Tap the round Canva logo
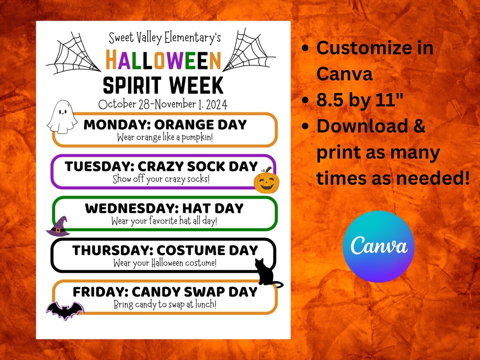click(379, 246)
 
